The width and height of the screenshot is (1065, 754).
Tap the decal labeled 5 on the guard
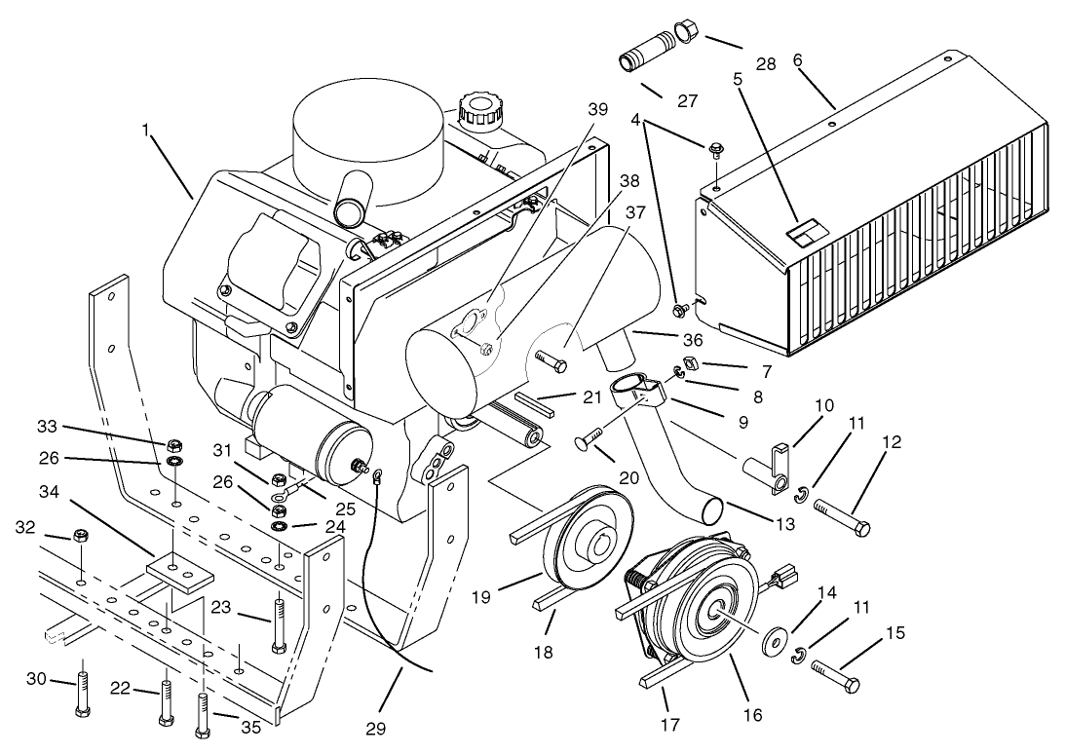click(x=804, y=231)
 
